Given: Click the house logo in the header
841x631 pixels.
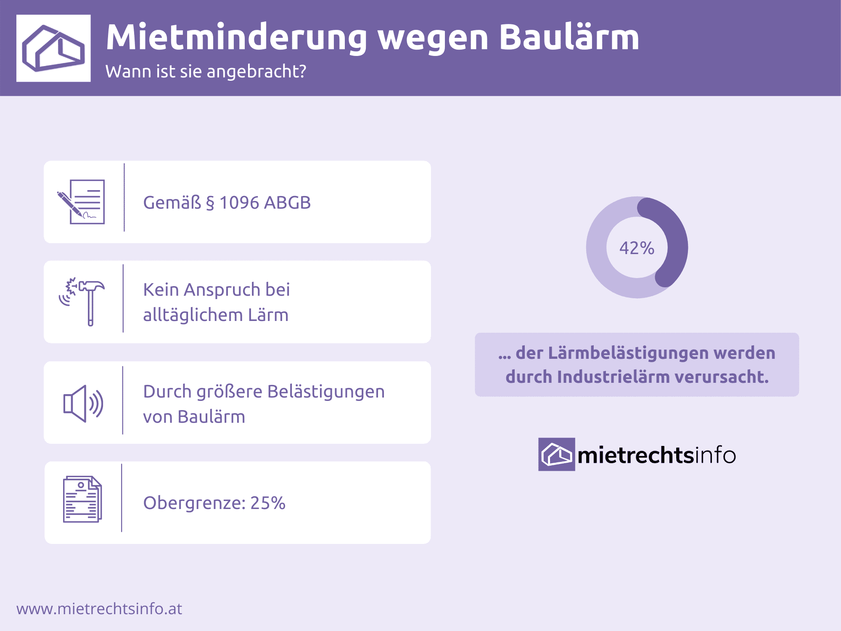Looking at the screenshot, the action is click(x=53, y=48).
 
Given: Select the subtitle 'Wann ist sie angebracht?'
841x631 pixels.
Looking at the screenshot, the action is click(x=206, y=72).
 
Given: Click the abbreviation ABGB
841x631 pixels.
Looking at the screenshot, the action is click(x=288, y=203).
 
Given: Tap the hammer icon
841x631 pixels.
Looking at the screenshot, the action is click(x=82, y=302).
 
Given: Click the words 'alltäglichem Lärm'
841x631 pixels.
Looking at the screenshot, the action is click(x=216, y=315).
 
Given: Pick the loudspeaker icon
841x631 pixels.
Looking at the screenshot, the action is click(x=83, y=403).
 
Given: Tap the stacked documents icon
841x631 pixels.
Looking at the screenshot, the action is click(x=82, y=499).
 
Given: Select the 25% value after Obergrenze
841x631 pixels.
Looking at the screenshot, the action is click(x=268, y=503).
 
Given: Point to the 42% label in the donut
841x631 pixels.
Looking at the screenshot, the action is click(x=637, y=248).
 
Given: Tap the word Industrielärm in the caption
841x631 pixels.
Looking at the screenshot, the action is click(x=613, y=377).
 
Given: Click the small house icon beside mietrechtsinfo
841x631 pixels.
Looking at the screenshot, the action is click(x=557, y=454).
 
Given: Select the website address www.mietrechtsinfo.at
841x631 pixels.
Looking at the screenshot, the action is click(x=99, y=609).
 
